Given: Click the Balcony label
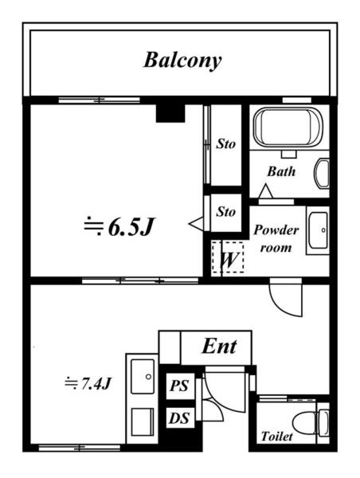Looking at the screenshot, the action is [x=182, y=61].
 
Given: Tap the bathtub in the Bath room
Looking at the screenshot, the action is [x=288, y=127].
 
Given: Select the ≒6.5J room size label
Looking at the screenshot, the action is [x=119, y=227].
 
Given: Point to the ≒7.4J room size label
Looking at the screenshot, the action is [x=88, y=383].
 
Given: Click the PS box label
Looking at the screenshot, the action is [x=179, y=386].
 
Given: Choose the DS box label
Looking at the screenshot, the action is [x=179, y=418].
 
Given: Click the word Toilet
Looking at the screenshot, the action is [x=276, y=437].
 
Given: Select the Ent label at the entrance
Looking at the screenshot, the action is [x=219, y=347].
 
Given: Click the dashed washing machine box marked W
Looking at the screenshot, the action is [x=228, y=257].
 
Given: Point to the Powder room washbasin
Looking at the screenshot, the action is [x=318, y=230].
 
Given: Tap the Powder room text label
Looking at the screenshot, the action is [x=276, y=238].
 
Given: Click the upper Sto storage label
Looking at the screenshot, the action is [x=225, y=144].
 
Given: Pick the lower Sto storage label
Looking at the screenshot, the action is [x=225, y=212].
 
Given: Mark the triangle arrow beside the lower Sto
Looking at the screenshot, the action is [x=196, y=224].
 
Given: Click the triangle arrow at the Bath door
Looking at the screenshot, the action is [x=265, y=191].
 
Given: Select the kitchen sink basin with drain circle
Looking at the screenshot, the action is [x=143, y=376].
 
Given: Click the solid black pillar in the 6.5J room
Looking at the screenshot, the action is [x=170, y=113].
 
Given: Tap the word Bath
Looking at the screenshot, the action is [x=281, y=171].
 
